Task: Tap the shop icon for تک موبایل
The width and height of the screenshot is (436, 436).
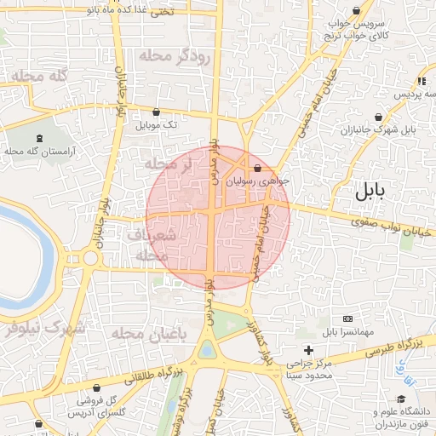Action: tap(156, 112)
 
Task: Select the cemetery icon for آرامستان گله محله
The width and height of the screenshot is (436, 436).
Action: tap(40, 138)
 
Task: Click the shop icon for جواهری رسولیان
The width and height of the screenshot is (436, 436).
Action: tap(257, 168)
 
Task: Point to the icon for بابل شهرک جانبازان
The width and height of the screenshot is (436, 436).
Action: tap(377, 118)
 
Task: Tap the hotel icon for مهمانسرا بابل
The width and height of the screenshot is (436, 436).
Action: tap(347, 318)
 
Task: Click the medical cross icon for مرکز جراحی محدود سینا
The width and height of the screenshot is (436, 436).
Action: tap(309, 350)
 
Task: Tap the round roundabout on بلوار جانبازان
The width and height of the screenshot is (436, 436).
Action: tap(90, 258)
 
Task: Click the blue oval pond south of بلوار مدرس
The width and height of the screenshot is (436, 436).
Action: tap(206, 349)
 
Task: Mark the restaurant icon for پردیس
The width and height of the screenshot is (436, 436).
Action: tap(422, 81)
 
